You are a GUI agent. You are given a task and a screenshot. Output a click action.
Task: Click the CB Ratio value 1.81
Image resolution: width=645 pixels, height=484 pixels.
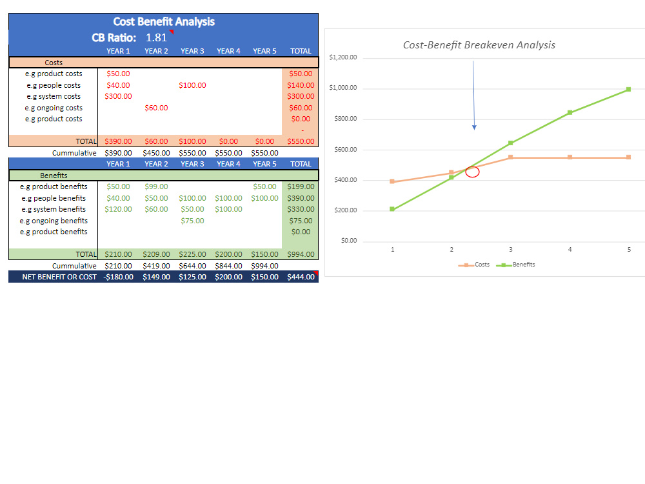coord(156,37)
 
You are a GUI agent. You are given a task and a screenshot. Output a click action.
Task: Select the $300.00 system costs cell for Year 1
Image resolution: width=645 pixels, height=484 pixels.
coord(118,96)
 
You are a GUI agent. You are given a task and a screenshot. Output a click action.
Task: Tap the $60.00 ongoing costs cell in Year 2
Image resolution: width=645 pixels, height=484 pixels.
coord(156,108)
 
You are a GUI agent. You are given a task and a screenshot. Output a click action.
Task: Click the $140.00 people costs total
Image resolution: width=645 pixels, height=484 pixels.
coord(301,85)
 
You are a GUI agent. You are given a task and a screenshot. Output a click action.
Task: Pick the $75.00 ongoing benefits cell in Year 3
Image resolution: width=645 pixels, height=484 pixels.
coord(192,221)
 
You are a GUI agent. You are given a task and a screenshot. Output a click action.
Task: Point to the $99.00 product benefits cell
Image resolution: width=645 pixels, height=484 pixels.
coord(156,187)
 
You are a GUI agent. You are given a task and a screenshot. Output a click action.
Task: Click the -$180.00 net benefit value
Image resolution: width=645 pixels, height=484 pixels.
coord(118,277)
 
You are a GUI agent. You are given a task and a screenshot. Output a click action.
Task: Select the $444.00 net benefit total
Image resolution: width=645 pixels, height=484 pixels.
coord(301,277)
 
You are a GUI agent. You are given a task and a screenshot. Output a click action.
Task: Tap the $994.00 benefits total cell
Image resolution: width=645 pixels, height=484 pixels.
coord(301,254)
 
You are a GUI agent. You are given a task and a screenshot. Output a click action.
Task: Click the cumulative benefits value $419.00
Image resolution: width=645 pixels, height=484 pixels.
coord(156,266)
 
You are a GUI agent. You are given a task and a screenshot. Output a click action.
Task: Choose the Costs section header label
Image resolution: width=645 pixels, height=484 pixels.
coord(54,63)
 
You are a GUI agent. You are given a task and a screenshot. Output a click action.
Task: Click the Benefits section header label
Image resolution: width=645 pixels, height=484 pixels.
coord(54,176)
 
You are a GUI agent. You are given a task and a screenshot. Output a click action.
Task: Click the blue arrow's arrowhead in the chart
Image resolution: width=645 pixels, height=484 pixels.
coord(474,128)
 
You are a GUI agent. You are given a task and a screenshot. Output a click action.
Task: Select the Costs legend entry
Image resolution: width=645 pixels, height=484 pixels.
coord(474,265)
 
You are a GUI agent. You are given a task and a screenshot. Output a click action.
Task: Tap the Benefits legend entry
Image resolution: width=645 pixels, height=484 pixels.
coord(516,265)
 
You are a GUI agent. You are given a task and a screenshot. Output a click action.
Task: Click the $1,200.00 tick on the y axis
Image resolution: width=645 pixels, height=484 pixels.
coord(343,57)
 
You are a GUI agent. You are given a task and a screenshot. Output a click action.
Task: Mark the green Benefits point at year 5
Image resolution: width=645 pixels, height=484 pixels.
coord(628,89)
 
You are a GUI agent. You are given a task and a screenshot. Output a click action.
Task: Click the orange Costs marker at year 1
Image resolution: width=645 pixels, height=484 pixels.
coord(392,181)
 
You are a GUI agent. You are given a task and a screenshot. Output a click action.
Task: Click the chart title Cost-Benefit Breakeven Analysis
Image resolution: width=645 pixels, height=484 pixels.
coord(479,45)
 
